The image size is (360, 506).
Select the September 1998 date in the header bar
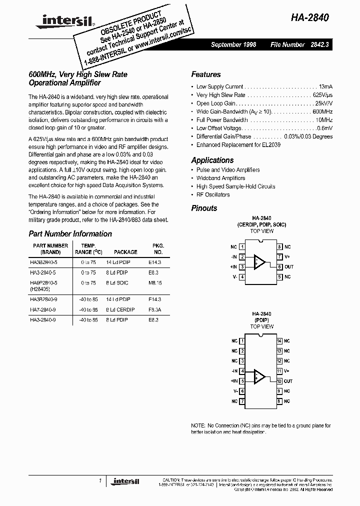click(x=233, y=44)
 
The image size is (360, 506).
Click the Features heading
click(x=205, y=74)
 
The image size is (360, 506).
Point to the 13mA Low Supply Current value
click(x=325, y=86)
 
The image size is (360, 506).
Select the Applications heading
click(x=212, y=160)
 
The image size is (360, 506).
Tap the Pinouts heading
click(x=204, y=208)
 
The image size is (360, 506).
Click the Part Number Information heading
click(x=70, y=233)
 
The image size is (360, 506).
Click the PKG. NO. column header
click(x=157, y=249)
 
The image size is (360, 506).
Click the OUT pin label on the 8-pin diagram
click(x=289, y=267)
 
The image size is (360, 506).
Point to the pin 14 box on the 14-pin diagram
click(x=279, y=341)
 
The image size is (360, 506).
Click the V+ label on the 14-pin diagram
click(x=287, y=371)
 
